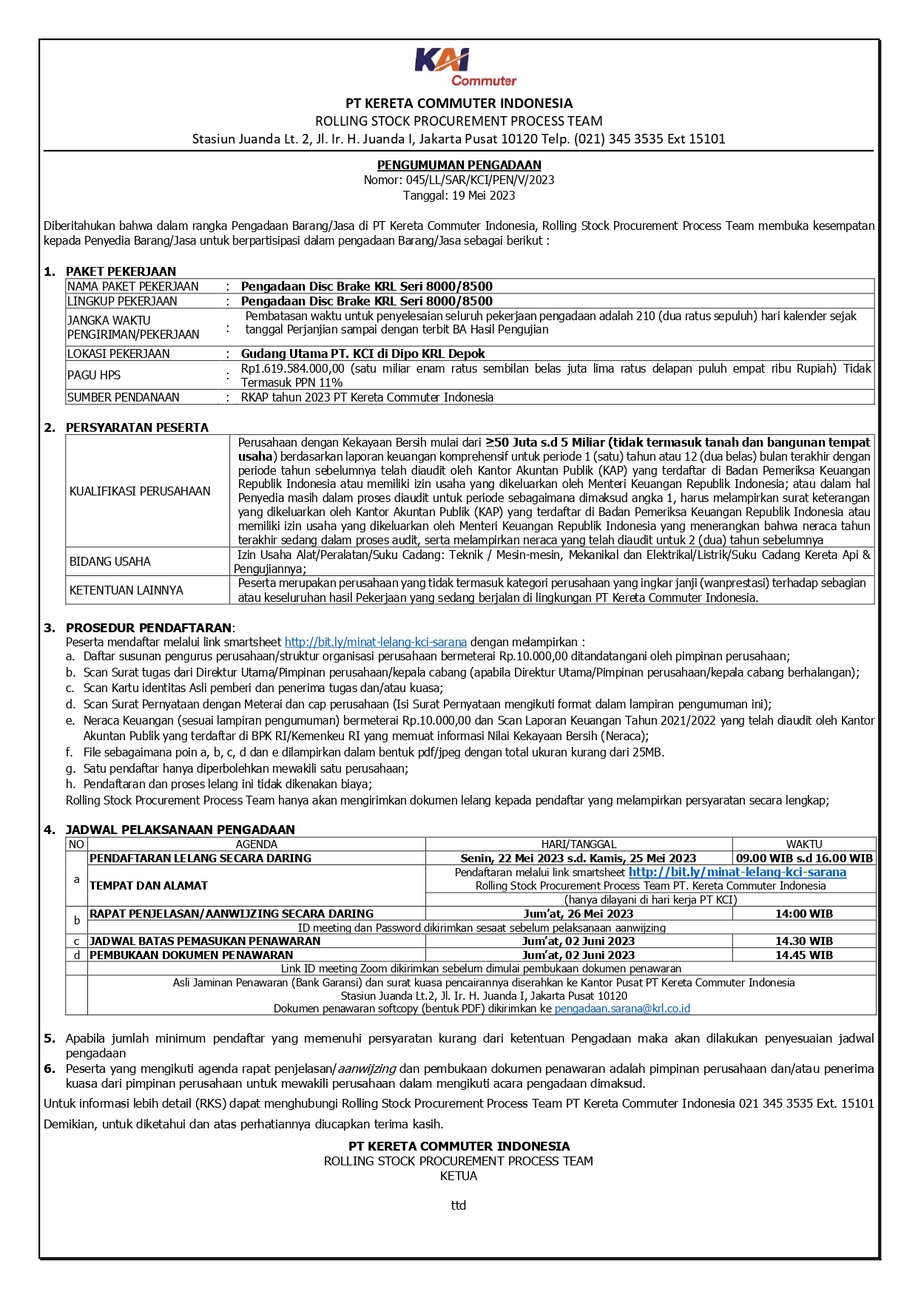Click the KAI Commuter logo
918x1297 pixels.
(464, 67)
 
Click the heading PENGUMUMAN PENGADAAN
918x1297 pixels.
(459, 165)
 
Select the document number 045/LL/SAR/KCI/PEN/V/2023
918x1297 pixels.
(480, 180)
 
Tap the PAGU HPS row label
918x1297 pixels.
(94, 375)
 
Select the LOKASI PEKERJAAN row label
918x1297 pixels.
(118, 353)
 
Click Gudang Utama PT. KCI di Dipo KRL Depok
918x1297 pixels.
(362, 353)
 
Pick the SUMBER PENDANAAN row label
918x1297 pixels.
(124, 397)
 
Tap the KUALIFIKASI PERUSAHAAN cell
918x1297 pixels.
(140, 491)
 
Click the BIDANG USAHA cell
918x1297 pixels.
(110, 561)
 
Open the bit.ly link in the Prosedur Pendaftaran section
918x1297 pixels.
(375, 642)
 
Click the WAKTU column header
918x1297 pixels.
(803, 844)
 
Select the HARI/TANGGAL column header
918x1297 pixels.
(578, 844)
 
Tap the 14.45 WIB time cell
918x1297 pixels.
(803, 955)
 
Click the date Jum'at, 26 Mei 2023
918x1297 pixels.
(578, 914)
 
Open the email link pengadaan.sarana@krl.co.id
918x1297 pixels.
(622, 1009)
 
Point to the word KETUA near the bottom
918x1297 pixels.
(459, 1176)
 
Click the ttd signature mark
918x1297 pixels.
(459, 1205)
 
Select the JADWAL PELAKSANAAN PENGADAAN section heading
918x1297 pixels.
(180, 830)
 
